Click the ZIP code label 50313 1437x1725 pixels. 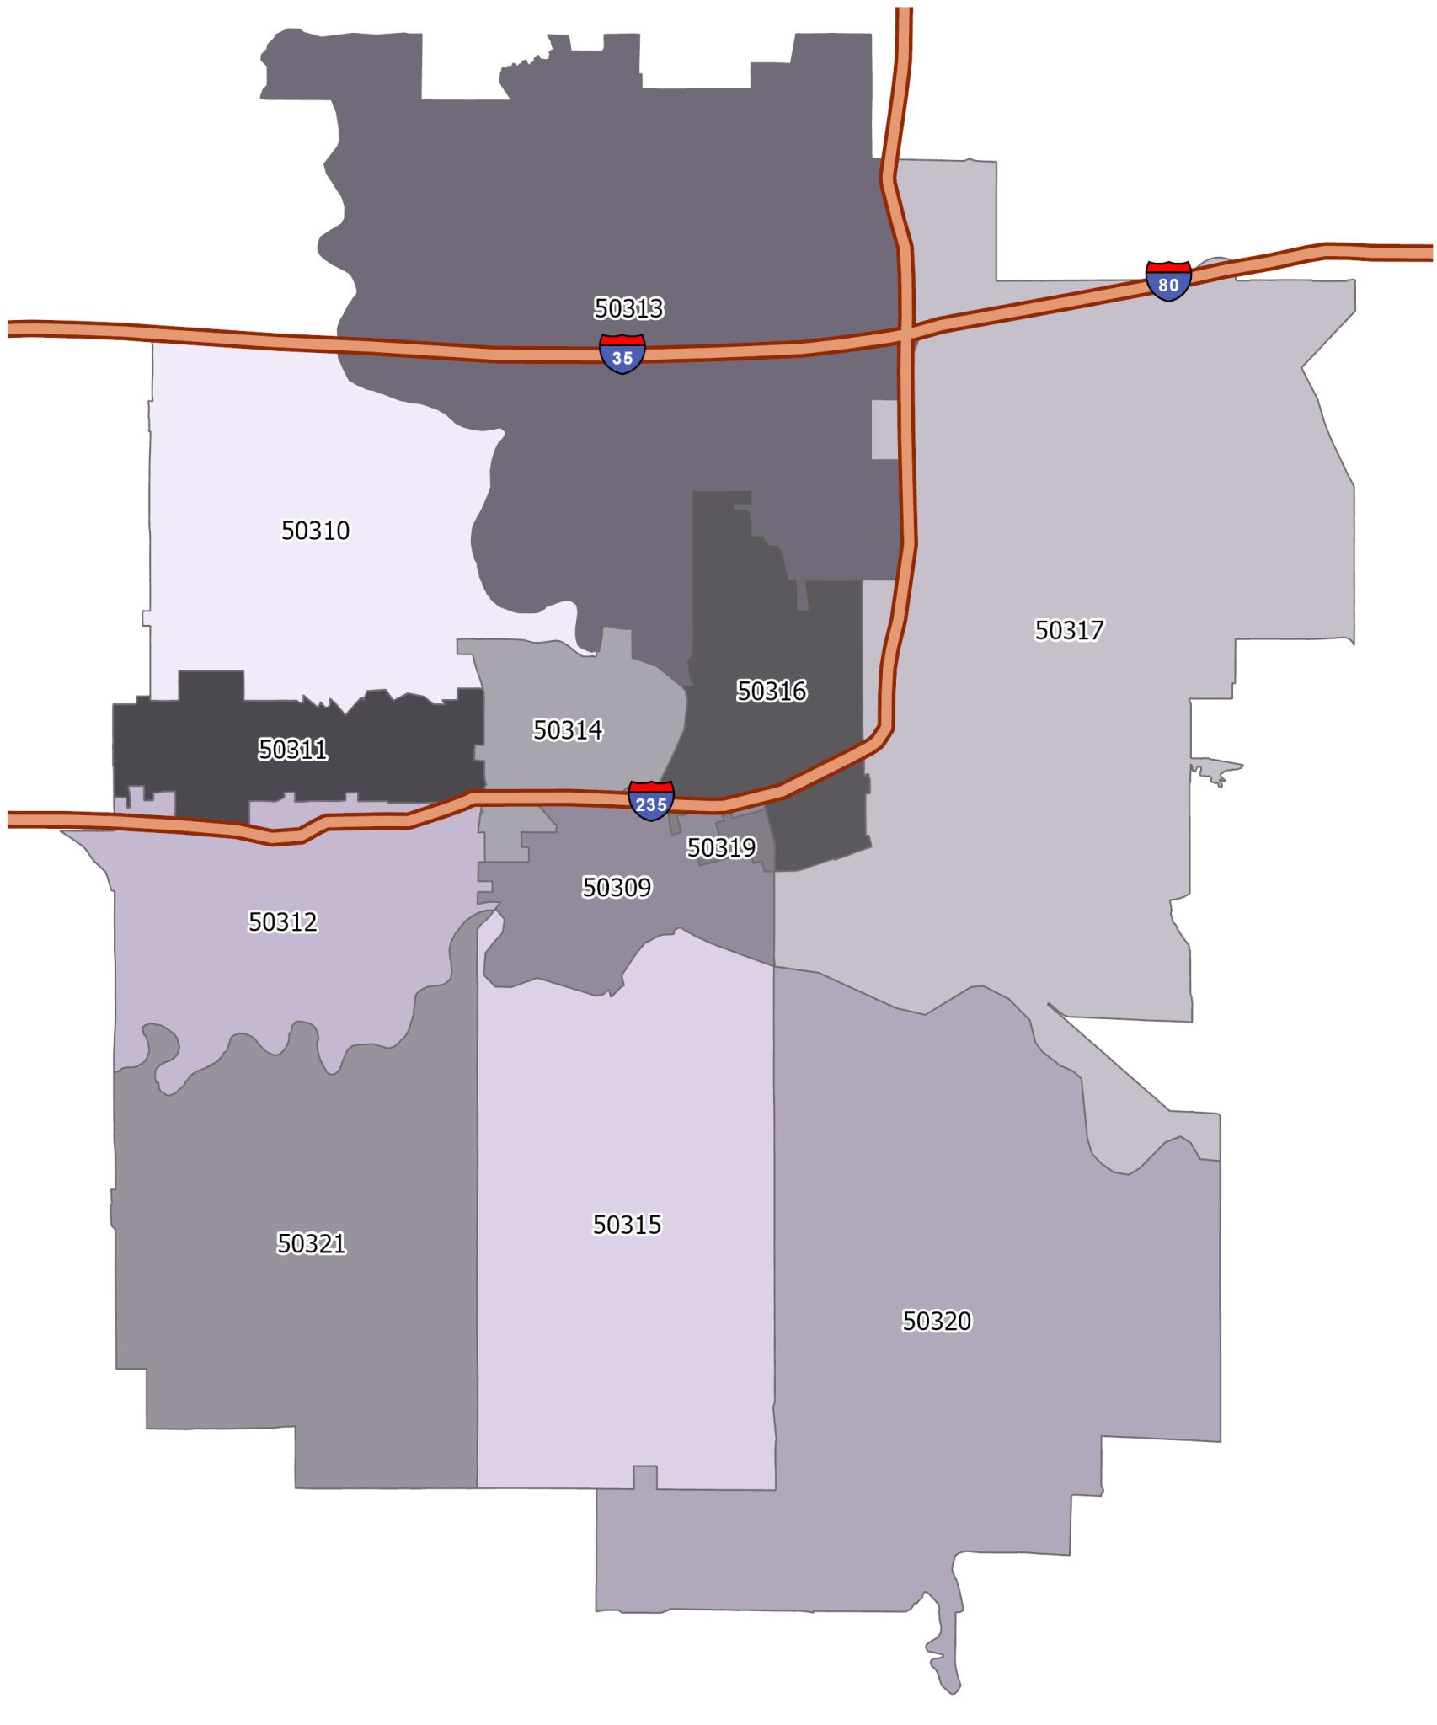(628, 308)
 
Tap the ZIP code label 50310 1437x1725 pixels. (315, 531)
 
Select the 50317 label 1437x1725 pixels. (1068, 630)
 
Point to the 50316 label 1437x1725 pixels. (772, 691)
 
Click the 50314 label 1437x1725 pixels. (568, 729)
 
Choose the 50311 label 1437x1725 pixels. (292, 749)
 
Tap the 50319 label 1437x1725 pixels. (721, 847)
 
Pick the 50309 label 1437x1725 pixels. (617, 887)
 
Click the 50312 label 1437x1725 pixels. (282, 921)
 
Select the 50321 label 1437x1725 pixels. (311, 1243)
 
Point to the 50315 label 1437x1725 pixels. (627, 1224)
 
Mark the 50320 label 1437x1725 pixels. (937, 1321)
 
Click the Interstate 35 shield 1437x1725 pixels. (622, 354)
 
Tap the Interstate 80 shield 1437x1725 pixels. (1167, 281)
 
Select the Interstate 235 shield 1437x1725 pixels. (650, 801)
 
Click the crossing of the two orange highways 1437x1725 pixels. (905, 334)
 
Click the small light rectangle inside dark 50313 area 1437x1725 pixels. (884, 430)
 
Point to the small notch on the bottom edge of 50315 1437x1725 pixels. (644, 1477)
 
